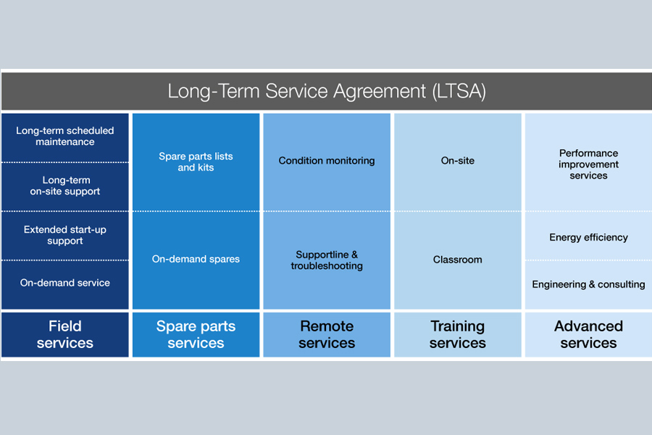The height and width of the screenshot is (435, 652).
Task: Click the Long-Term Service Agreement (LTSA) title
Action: click(x=326, y=91)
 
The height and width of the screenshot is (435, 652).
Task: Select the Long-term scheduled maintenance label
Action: click(x=65, y=136)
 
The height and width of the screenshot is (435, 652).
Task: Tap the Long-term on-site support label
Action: click(x=65, y=186)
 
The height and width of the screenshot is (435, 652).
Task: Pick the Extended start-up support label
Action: click(x=65, y=235)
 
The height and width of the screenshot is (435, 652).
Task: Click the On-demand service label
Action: click(x=65, y=283)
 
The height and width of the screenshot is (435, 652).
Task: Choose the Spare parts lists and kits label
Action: click(x=196, y=162)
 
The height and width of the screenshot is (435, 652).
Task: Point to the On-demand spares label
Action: click(x=196, y=259)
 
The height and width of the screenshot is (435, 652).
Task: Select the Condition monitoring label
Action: click(x=327, y=160)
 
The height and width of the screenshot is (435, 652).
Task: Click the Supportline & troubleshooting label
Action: click(x=327, y=260)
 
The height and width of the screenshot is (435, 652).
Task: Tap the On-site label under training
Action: click(x=458, y=160)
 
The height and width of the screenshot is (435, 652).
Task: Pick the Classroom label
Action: click(x=458, y=260)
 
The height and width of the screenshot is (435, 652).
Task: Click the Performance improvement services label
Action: click(x=588, y=165)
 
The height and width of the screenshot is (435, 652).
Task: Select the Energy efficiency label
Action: click(x=588, y=237)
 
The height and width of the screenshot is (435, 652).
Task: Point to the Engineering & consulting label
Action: click(x=588, y=284)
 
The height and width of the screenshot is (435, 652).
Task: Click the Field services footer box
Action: click(x=65, y=334)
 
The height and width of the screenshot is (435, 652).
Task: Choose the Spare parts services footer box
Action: click(x=196, y=334)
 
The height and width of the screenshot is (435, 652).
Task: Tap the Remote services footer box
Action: click(x=327, y=334)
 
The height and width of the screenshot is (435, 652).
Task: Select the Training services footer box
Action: click(x=458, y=334)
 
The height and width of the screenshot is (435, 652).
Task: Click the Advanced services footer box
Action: click(x=588, y=334)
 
